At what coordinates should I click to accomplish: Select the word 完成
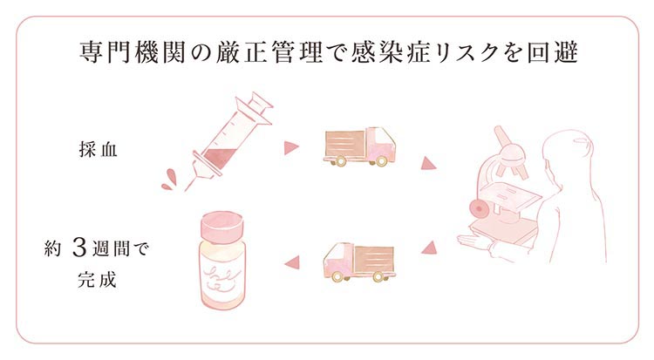pos(98,282)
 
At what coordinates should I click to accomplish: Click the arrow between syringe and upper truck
pos(290,148)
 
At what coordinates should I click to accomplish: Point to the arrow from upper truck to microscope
pos(428,163)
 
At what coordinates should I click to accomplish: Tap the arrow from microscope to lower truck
pos(427,249)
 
